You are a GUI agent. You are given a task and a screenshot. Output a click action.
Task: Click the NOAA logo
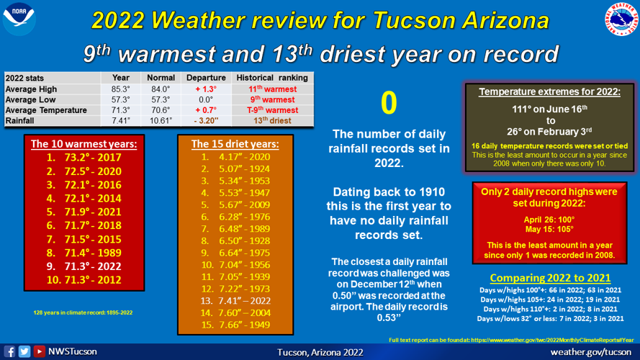click(19, 19)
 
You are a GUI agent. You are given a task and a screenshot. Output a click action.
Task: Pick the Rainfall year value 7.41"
click(121, 121)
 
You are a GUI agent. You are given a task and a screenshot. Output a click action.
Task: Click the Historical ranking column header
click(273, 78)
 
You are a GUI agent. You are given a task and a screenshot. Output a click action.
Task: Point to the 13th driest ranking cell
click(273, 121)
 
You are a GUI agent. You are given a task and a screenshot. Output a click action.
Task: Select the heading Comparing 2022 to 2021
click(550, 278)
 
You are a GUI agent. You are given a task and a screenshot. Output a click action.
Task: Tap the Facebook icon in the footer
click(10, 352)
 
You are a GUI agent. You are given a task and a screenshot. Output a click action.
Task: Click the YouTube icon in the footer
click(40, 352)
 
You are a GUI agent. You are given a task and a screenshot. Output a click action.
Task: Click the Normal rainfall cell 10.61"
click(161, 121)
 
